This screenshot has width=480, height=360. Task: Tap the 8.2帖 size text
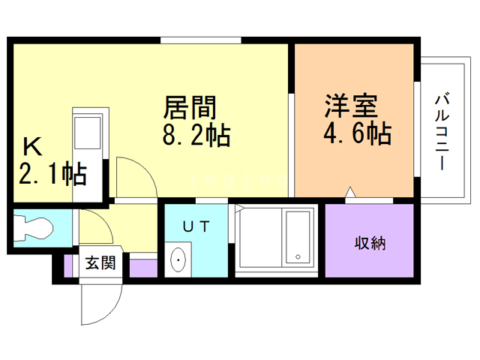[196, 136]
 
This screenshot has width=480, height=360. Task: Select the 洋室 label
[350, 105]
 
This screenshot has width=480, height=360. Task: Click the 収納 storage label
[369, 243]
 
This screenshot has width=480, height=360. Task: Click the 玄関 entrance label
[100, 263]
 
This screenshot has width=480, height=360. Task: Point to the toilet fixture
[34, 227]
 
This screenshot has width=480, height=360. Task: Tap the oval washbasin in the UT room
[179, 260]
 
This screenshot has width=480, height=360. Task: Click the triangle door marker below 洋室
[349, 193]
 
